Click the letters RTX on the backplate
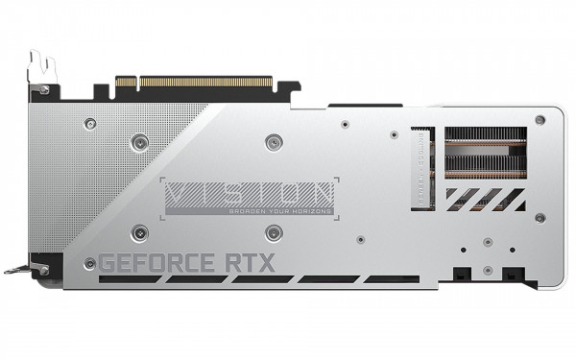pos(251,262)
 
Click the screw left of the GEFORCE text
pos(90,262)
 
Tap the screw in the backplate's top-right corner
pos(540,120)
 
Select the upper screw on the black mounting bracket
pos(43,89)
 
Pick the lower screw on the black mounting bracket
pos(42,270)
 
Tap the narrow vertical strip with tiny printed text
pos(420,168)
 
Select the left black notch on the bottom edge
pos(463,275)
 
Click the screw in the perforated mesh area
pos(90,123)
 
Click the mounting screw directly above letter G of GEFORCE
pos(140,230)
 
